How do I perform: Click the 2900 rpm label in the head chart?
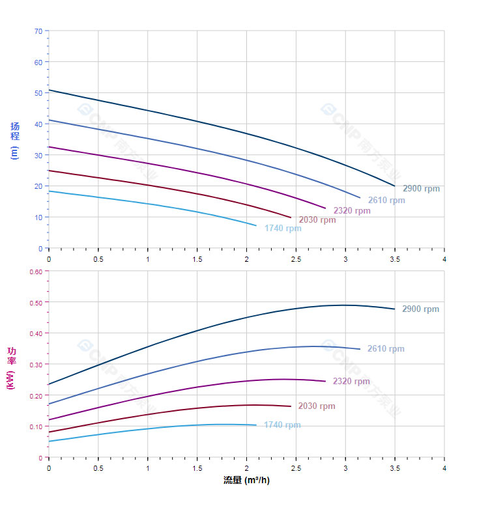point(421,189)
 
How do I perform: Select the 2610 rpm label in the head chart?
point(386,201)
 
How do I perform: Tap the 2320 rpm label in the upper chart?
point(352,211)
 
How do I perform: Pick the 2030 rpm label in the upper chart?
point(317,220)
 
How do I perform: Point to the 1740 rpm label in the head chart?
point(283,229)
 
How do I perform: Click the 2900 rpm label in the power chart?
point(420,309)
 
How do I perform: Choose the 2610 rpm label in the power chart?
point(386,349)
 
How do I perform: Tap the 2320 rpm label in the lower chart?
point(351,382)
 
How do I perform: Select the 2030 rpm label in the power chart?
point(317,406)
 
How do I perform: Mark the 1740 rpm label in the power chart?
point(282,425)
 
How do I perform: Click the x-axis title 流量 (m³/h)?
point(246,481)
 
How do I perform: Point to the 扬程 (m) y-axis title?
point(15,141)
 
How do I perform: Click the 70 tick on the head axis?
point(38,31)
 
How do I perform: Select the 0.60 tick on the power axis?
point(36,272)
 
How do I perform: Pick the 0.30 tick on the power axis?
point(36,365)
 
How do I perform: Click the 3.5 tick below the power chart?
point(395,468)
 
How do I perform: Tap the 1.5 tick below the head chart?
point(197,259)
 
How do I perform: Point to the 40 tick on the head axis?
point(38,124)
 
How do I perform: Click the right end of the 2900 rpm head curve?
point(394,186)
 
